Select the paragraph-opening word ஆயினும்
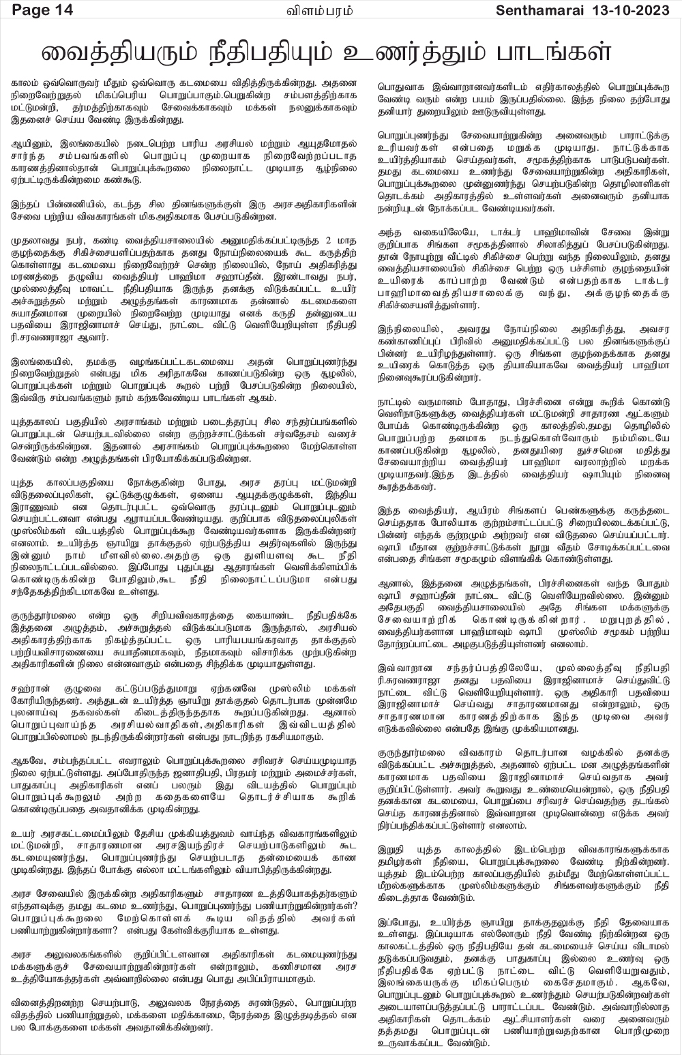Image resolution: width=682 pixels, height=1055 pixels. pyautogui.click(x=29, y=145)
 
